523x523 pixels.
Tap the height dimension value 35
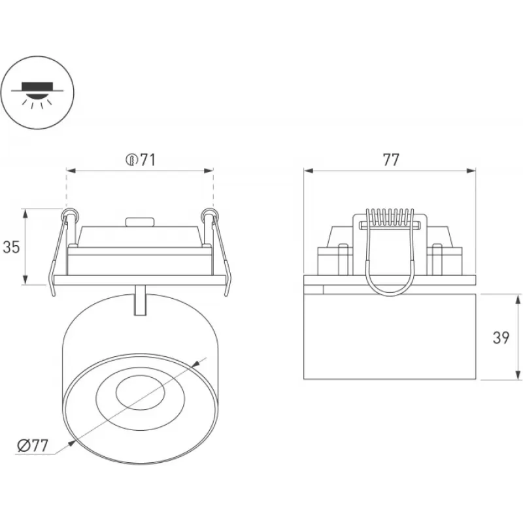click(x=11, y=247)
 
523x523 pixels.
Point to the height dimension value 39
click(x=501, y=337)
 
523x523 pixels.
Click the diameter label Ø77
click(x=33, y=447)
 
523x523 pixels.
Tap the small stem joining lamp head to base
click(x=139, y=300)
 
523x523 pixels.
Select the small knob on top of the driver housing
click(x=139, y=222)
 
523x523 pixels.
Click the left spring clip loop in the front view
click(x=70, y=214)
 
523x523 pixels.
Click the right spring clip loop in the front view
click(x=208, y=214)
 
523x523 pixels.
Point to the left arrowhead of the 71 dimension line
click(x=69, y=171)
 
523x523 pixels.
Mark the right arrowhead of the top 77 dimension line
click(x=472, y=171)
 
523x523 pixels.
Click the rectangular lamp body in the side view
click(x=390, y=337)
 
